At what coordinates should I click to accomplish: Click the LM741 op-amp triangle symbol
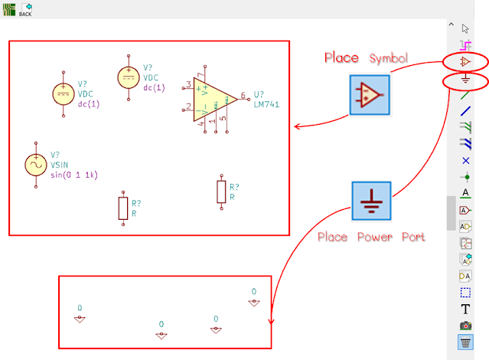[211, 99]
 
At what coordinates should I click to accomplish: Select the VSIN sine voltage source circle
[35, 163]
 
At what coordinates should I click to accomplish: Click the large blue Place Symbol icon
[369, 94]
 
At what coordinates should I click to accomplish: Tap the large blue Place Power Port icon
[371, 201]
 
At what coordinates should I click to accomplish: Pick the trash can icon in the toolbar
[465, 343]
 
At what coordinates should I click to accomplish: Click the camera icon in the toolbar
[465, 326]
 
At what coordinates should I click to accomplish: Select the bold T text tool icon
[465, 309]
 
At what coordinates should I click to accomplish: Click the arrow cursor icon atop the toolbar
[465, 29]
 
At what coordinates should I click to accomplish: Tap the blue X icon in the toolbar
[465, 160]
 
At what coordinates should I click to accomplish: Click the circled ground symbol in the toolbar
[465, 80]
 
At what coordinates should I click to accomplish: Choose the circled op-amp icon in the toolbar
[465, 61]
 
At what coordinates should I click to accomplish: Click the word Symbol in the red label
[389, 58]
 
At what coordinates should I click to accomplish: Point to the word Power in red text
[375, 237]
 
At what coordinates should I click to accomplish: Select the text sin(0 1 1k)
[73, 174]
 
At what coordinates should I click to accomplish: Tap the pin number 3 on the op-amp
[187, 83]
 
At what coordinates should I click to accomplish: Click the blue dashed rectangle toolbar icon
[465, 293]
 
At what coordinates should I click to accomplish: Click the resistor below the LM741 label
[221, 191]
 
